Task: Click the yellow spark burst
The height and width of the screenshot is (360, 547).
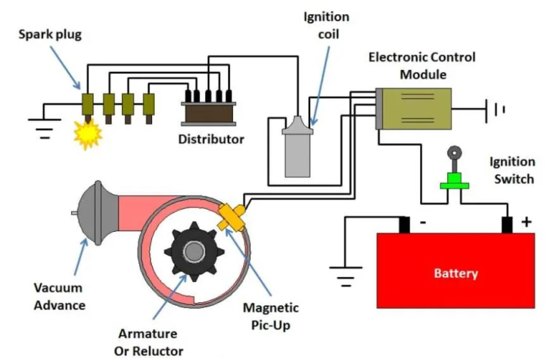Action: [x=87, y=134]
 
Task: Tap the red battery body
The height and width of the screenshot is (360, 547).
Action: [x=456, y=271]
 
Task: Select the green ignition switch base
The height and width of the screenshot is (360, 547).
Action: [x=454, y=181]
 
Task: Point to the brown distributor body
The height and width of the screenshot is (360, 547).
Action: [x=208, y=114]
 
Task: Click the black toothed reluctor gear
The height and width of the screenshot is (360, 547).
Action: [x=194, y=251]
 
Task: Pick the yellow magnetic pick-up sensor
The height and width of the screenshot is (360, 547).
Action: [x=231, y=218]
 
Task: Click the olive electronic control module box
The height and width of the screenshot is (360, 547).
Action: [x=416, y=109]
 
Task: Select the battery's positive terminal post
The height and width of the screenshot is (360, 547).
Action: [x=507, y=225]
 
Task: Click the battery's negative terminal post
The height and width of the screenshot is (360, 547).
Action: [x=405, y=225]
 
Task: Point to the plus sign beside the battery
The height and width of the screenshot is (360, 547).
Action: [x=526, y=222]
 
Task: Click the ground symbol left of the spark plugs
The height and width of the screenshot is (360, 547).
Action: [x=44, y=128]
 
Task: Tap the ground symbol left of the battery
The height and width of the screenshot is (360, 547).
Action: [x=346, y=276]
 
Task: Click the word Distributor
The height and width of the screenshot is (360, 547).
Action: [x=211, y=139]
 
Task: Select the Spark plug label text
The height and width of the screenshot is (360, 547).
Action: [x=50, y=35]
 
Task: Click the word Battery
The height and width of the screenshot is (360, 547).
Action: [x=456, y=273]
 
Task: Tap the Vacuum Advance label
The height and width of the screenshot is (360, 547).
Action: [x=60, y=297]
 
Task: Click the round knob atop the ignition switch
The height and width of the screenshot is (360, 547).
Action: [x=454, y=153]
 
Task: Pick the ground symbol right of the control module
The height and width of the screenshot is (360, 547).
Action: [x=495, y=110]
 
